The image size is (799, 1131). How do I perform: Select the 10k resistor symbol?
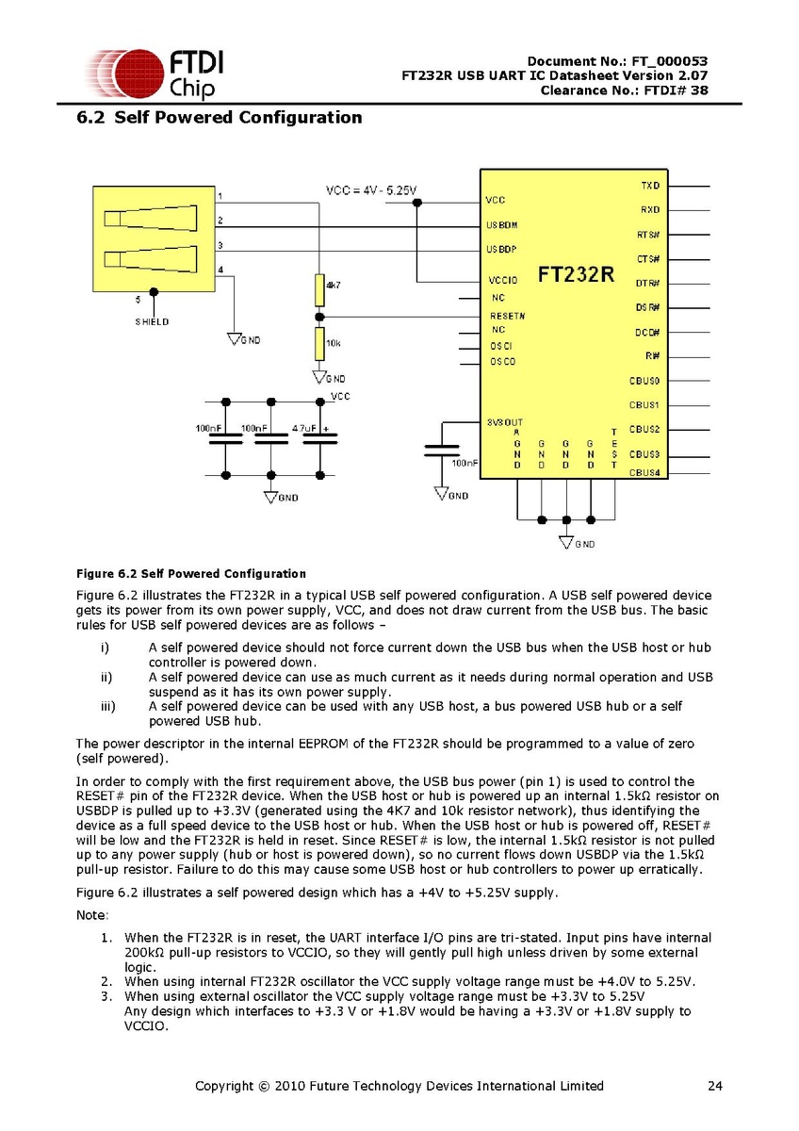[x=319, y=344]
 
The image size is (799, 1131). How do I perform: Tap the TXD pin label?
[x=650, y=186]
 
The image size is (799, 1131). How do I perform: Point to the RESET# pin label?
[x=508, y=316]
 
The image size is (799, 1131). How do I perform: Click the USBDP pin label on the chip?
[x=501, y=250]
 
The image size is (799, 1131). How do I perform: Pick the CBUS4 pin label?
[x=645, y=472]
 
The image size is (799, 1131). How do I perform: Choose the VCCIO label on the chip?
[x=503, y=280]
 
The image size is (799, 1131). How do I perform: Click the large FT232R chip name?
[x=576, y=275]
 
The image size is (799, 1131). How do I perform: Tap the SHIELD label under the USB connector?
[x=152, y=321]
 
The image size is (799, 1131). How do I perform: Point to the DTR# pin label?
[x=647, y=283]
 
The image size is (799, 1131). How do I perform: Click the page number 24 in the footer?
[x=715, y=1086]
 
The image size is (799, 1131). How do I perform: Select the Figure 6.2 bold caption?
[x=190, y=573]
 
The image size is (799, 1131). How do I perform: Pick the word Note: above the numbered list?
[x=92, y=916]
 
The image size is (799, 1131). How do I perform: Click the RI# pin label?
[x=652, y=356]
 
